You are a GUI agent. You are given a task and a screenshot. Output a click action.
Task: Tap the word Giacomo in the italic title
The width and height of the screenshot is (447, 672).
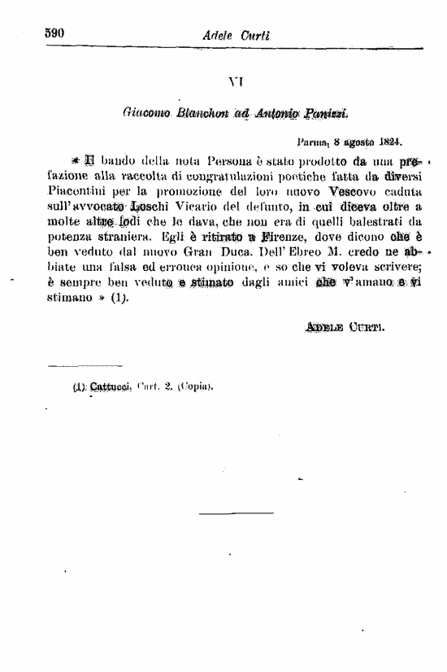(145, 110)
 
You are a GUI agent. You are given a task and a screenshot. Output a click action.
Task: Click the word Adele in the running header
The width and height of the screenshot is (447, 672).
(220, 35)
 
